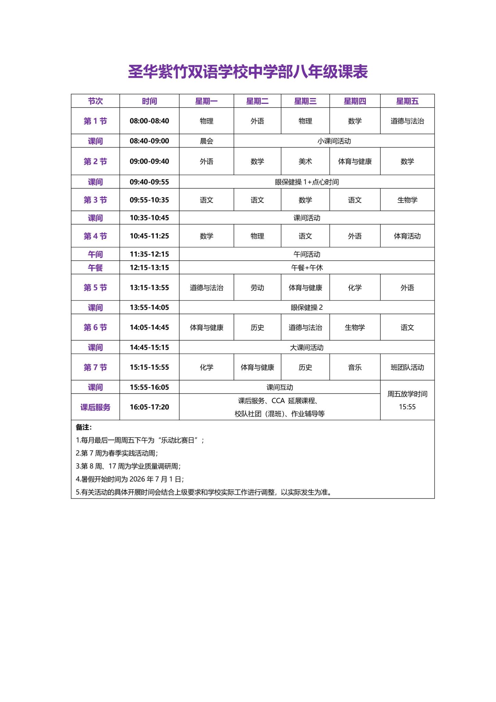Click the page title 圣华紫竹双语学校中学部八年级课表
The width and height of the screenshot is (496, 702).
tap(248, 72)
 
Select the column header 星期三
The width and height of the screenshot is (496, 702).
tap(305, 101)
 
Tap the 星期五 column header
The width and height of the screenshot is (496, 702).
tap(407, 101)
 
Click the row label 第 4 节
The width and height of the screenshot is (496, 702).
tap(95, 236)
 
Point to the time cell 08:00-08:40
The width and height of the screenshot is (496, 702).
tap(149, 121)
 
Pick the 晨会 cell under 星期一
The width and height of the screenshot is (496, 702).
tap(206, 141)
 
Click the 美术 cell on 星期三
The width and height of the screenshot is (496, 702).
tap(305, 161)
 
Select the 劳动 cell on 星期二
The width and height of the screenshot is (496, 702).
tap(257, 288)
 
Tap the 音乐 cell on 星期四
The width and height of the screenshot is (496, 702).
tap(355, 367)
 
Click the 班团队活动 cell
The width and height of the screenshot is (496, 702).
tap(407, 367)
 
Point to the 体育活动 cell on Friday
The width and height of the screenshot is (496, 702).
tap(407, 236)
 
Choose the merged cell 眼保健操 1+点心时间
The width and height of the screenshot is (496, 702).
tap(307, 182)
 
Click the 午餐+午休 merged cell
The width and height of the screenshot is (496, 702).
tap(307, 268)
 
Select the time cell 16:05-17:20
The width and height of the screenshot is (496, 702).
tap(149, 407)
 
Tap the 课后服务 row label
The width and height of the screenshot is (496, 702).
tap(95, 407)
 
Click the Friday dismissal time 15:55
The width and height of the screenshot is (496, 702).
tap(407, 407)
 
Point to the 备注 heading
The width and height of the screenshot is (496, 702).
tap(84, 427)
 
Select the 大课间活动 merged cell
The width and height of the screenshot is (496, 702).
tap(307, 348)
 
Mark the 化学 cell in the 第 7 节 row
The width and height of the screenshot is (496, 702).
tap(206, 367)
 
